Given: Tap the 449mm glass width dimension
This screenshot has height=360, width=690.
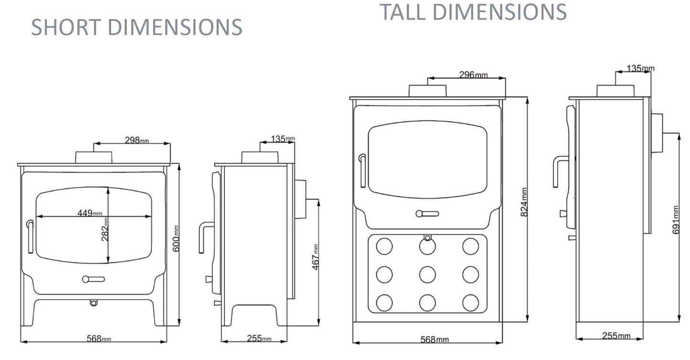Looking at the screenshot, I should tap(90, 213).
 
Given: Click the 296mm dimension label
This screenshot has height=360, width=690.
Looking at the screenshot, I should tap(473, 74).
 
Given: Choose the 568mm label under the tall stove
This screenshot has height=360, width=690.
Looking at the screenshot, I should tap(435, 339).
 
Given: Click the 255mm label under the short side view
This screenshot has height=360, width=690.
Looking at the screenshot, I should tap(259, 339).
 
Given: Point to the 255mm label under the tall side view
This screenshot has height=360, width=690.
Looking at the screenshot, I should tap(616, 336).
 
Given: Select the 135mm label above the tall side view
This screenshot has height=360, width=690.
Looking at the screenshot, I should tap(640, 68).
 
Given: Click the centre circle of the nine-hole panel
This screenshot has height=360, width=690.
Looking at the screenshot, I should tap(427, 274).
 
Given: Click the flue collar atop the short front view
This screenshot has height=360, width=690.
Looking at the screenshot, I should tap(94, 157).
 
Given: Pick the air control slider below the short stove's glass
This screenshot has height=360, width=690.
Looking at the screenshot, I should tap(93, 279).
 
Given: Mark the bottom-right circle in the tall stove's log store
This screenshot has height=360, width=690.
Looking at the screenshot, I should tap(470, 302).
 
